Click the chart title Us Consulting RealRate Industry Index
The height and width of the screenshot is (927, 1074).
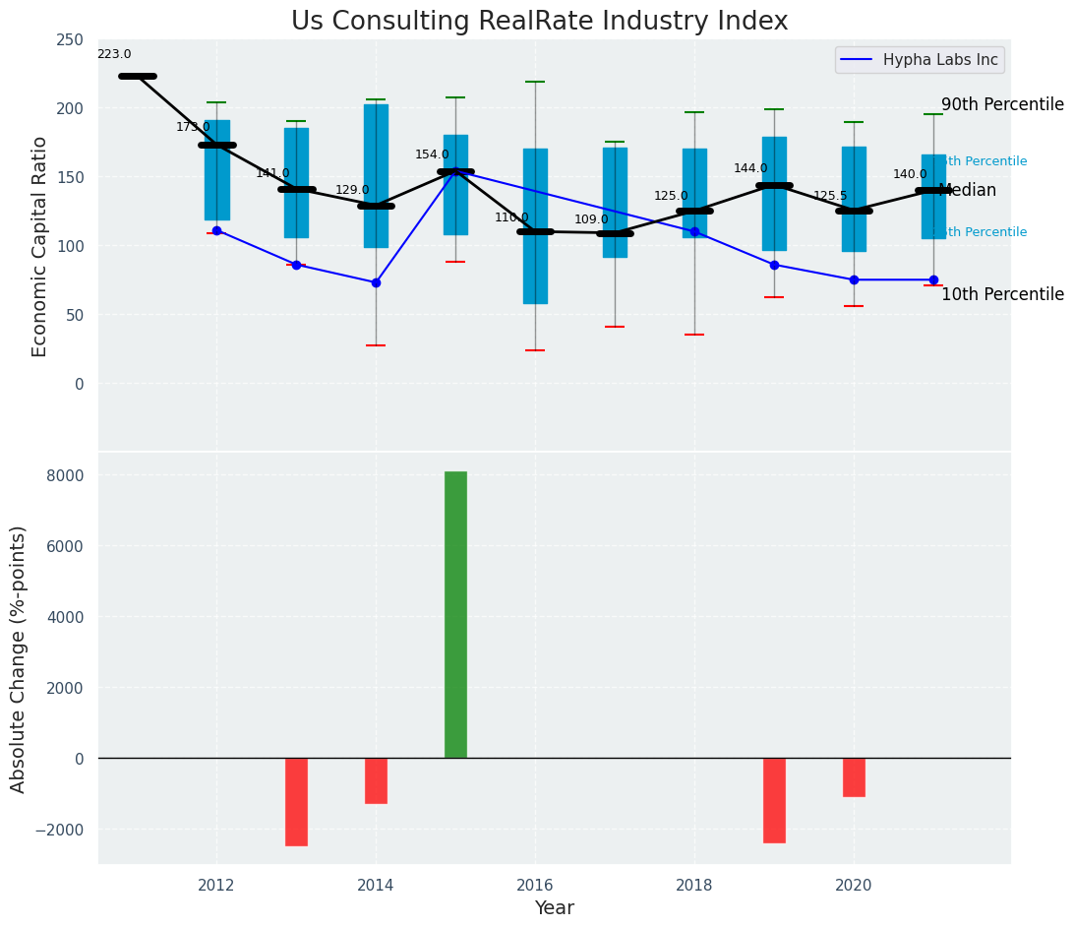[539, 22]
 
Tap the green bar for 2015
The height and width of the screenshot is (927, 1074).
[455, 614]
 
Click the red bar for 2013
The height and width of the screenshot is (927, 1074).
[296, 801]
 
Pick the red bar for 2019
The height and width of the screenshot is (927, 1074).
[774, 800]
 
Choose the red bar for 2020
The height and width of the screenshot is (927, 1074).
[854, 776]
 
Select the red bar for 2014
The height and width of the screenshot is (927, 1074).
[376, 780]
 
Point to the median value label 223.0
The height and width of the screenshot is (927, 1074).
[114, 55]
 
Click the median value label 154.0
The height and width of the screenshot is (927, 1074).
[432, 155]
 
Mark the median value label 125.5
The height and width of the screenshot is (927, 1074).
[830, 197]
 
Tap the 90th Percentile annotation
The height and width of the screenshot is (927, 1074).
[1002, 105]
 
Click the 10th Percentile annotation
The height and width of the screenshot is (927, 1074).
[1002, 295]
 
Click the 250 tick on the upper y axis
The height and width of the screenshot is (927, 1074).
[70, 40]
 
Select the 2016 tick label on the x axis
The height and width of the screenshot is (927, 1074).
[535, 886]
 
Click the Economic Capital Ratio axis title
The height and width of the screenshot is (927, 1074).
[40, 246]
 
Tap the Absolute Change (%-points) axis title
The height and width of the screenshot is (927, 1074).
[19, 658]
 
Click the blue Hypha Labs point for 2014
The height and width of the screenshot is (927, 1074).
[376, 282]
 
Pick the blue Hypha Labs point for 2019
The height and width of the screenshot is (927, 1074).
[774, 265]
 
